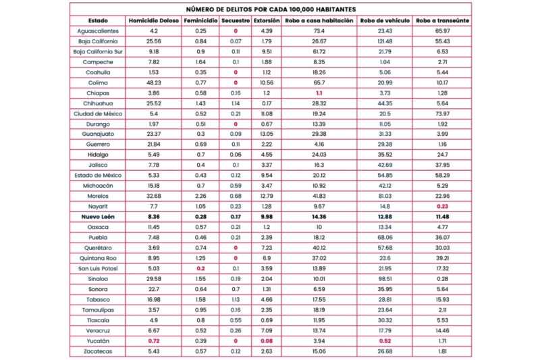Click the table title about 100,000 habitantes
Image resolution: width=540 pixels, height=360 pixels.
point(271,9)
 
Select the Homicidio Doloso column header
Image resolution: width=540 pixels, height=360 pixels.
point(154,21)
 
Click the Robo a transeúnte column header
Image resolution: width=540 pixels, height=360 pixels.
point(443,21)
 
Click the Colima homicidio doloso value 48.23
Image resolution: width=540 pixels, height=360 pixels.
point(154,82)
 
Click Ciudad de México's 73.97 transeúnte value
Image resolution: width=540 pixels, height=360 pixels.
point(443,113)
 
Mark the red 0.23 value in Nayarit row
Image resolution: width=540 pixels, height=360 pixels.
point(443,206)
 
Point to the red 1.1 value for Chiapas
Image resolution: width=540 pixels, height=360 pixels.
point(319,93)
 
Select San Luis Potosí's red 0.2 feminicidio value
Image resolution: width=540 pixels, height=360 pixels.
point(200,268)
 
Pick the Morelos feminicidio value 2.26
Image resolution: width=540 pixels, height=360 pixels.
point(200,196)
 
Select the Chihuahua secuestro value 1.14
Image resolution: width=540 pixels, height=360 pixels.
point(236,103)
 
